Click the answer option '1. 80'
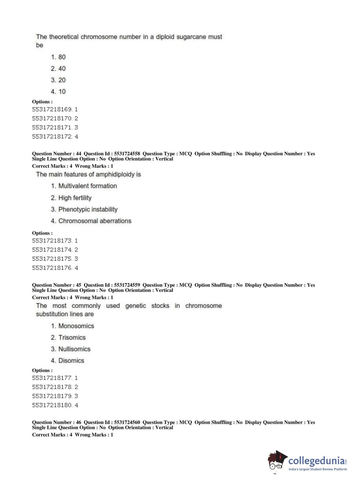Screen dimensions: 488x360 (58, 57)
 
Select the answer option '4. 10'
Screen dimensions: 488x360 (58, 91)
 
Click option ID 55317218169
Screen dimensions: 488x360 (52, 109)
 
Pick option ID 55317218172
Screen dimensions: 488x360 (52, 136)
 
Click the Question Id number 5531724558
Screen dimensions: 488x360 (127, 154)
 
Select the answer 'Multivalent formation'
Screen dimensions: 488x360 (87, 186)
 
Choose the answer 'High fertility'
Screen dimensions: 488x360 (75, 198)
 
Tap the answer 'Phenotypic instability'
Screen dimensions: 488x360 (88, 209)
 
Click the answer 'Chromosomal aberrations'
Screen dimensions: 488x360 (95, 221)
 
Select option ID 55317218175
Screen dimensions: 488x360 (52, 259)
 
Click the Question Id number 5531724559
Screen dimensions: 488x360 (127, 285)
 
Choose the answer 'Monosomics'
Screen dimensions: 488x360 (76, 326)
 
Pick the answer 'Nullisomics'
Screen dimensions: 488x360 (74, 349)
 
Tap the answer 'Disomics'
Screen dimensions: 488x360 (71, 361)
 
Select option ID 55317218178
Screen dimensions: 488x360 (52, 387)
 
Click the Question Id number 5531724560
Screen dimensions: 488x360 (127, 423)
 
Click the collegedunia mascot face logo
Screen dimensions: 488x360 (276, 461)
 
